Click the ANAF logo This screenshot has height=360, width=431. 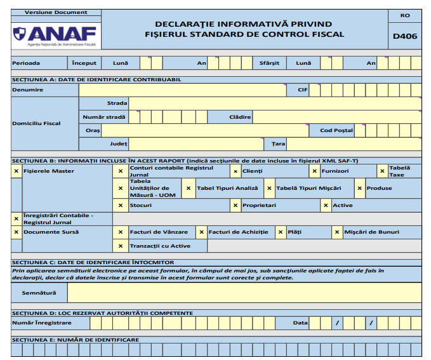(x=54, y=34)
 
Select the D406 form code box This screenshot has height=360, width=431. (x=405, y=36)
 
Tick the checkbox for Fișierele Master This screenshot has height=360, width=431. (x=16, y=171)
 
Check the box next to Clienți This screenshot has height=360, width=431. (x=235, y=171)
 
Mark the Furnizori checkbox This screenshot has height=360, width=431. (x=314, y=171)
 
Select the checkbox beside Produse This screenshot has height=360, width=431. (x=359, y=188)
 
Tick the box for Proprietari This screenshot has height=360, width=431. (x=235, y=205)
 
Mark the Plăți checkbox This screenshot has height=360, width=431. (x=280, y=232)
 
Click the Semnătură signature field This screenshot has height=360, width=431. (x=244, y=293)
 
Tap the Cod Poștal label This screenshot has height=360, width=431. (x=336, y=130)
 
